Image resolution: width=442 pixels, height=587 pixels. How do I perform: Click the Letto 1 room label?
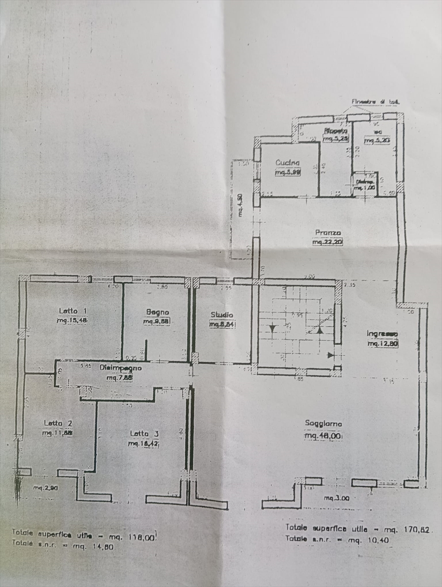point(73,310)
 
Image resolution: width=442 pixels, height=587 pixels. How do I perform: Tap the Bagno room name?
point(157,312)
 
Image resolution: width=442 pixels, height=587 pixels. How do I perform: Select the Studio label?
point(222,314)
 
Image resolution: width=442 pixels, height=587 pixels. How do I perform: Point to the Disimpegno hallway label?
point(120,367)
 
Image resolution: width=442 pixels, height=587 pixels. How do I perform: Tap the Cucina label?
point(288,163)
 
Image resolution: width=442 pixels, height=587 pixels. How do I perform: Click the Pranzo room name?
point(328,232)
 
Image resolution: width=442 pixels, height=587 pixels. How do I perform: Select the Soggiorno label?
point(323,423)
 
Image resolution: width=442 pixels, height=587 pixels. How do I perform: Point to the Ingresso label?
point(382,334)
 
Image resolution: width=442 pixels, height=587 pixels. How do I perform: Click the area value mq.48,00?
point(323,436)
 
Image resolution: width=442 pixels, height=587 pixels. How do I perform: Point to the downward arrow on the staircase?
point(273,328)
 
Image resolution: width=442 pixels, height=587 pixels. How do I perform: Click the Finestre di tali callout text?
point(375,102)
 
